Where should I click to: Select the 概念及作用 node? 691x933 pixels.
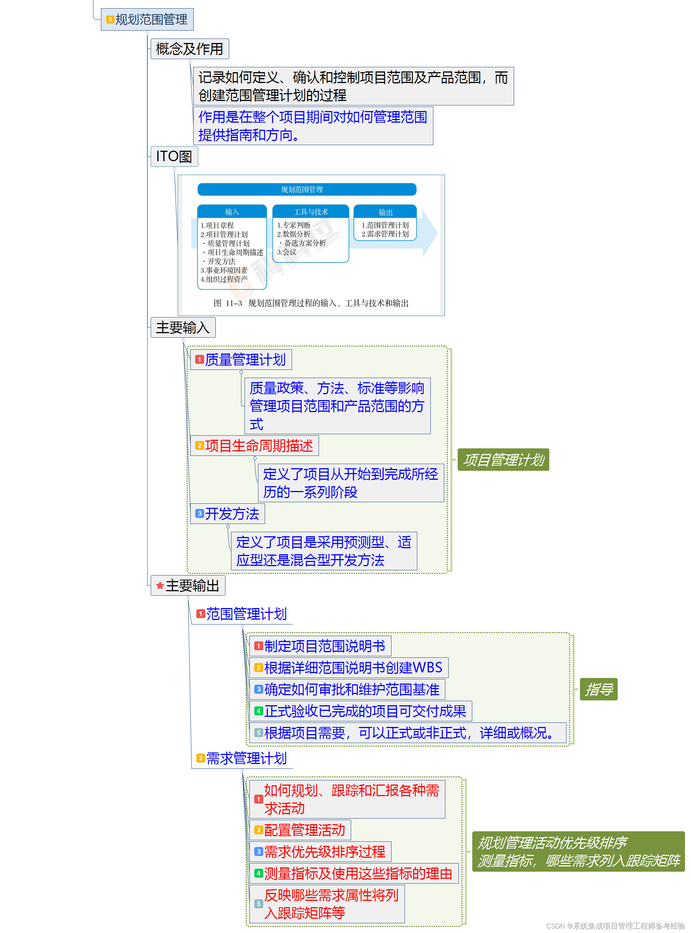(x=189, y=49)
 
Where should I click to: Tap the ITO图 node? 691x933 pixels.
(x=173, y=156)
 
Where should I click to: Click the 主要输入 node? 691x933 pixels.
(x=182, y=328)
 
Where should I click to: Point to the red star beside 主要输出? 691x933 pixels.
(x=159, y=586)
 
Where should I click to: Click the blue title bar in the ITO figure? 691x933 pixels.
(x=307, y=190)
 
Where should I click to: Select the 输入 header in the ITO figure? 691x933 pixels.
(x=232, y=212)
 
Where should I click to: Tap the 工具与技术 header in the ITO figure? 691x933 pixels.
(x=310, y=212)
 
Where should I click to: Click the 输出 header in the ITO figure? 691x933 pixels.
(x=385, y=212)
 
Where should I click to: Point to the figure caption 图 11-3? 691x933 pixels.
(x=311, y=303)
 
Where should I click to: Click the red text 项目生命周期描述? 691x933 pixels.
(x=258, y=446)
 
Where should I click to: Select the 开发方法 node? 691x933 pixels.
(x=232, y=514)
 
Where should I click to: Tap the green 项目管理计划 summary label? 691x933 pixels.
(x=503, y=460)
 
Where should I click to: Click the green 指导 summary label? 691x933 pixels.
(x=599, y=689)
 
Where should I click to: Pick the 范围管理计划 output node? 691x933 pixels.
(x=246, y=614)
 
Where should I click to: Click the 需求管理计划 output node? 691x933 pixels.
(x=246, y=758)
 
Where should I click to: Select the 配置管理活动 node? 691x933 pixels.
(x=304, y=830)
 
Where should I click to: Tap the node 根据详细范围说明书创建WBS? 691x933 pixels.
(x=353, y=668)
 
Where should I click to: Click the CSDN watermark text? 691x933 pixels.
(x=615, y=926)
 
